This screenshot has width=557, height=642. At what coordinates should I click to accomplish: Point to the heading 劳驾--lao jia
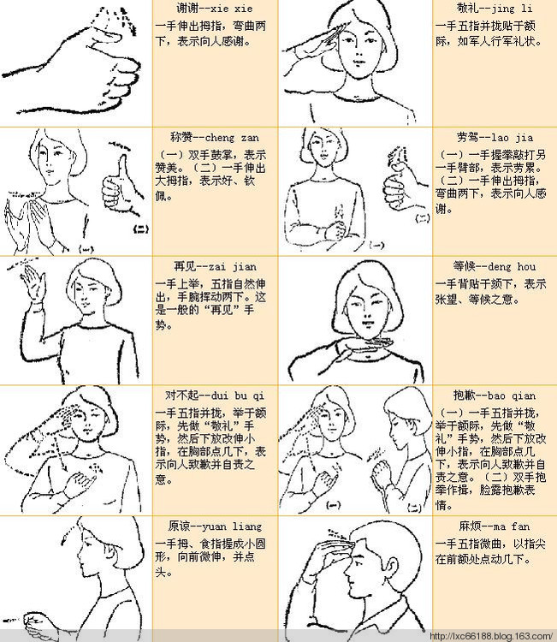coord(490,137)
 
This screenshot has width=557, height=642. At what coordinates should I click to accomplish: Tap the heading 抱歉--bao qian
coord(490,395)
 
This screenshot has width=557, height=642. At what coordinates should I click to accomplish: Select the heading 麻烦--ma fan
coord(490,525)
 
